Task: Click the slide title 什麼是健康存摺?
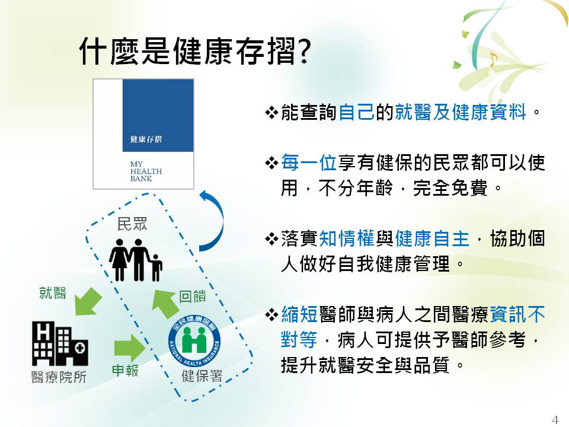(x=194, y=51)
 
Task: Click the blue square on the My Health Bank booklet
(x=158, y=116)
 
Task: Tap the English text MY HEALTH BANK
(x=146, y=171)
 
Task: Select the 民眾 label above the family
(x=132, y=224)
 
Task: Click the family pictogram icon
(x=135, y=260)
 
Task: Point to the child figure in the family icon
(x=156, y=267)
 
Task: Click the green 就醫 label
(x=53, y=292)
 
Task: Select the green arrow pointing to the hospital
(x=88, y=301)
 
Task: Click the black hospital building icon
(x=60, y=343)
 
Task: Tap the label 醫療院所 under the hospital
(x=59, y=377)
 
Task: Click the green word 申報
(x=125, y=370)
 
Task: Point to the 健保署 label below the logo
(x=202, y=376)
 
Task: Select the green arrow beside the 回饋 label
(x=165, y=304)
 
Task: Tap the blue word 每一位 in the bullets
(x=309, y=162)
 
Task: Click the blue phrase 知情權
(x=347, y=238)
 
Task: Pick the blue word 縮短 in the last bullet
(x=300, y=314)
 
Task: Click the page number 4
(x=555, y=419)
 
